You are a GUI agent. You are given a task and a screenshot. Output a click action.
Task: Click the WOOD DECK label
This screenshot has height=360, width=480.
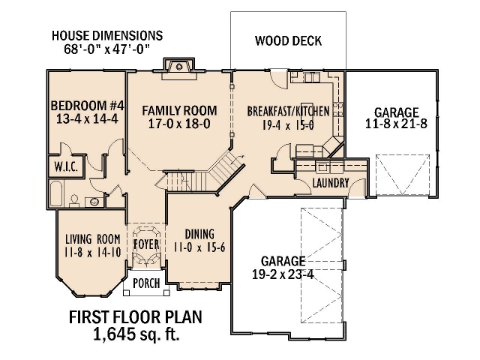[x=288, y=40]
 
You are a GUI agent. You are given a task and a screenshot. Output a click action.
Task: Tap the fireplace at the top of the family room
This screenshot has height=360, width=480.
[x=179, y=68]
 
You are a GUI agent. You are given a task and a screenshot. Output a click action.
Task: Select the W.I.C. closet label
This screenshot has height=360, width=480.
[x=66, y=166]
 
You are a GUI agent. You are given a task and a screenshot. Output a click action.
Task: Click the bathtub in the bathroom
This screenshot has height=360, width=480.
[x=56, y=193]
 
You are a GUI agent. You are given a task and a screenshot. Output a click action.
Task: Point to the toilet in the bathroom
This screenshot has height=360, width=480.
[x=73, y=200]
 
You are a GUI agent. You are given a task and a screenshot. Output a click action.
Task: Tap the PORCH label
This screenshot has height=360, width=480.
[x=146, y=283]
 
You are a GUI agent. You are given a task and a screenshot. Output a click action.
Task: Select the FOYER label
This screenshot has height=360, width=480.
[x=147, y=244]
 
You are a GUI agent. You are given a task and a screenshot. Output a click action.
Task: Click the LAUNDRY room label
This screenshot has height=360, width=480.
[x=331, y=183]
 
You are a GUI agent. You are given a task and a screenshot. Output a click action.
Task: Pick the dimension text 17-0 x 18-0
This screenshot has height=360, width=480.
[x=179, y=124]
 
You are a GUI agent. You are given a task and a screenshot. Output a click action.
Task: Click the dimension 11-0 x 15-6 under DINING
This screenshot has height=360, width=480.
[x=199, y=247]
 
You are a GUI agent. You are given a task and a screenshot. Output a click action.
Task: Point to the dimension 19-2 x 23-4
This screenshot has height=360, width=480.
[x=283, y=274]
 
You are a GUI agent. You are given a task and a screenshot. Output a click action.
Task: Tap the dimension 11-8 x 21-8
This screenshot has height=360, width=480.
[x=396, y=124]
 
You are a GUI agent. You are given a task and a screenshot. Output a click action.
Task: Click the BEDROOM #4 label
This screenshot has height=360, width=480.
[x=87, y=106]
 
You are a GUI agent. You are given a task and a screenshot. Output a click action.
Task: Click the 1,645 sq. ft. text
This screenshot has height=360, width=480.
[x=136, y=334]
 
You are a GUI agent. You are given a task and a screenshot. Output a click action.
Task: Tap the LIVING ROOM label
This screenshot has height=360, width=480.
[x=93, y=239]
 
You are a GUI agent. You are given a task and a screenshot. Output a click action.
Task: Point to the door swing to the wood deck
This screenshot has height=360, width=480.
[x=278, y=79]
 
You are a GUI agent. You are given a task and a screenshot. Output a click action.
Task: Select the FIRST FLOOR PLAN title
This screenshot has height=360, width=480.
[x=135, y=317]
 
